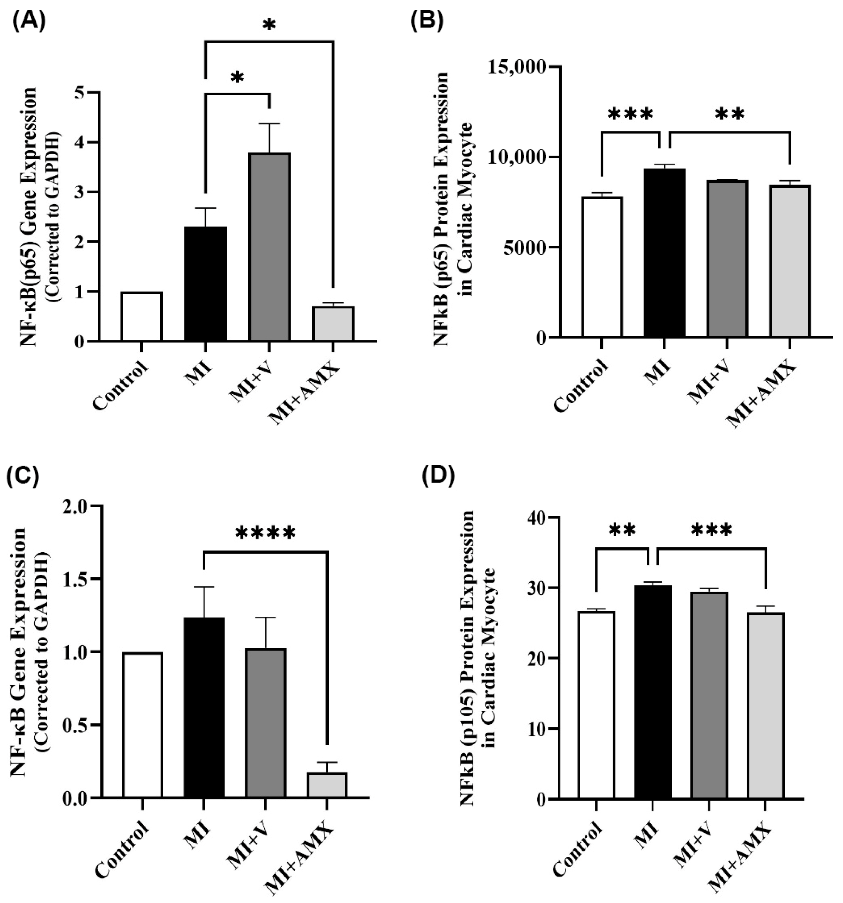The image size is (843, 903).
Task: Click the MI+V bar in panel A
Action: [269, 248]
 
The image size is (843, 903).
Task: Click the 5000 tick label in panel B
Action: [525, 248]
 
